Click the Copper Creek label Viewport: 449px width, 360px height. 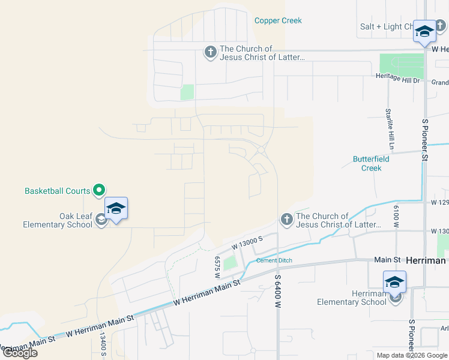pyautogui.click(x=278, y=20)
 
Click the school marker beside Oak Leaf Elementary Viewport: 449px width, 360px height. pyautogui.click(x=116, y=209)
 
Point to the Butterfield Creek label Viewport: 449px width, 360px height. pyautogui.click(x=371, y=164)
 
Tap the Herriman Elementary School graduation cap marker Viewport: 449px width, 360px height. pyautogui.click(x=394, y=281)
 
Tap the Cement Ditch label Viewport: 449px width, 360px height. pyautogui.click(x=274, y=260)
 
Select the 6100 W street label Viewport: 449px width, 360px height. pyautogui.click(x=396, y=215)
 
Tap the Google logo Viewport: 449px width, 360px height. pyautogui.click(x=19, y=353)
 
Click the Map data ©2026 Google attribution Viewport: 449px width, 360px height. pyautogui.click(x=411, y=355)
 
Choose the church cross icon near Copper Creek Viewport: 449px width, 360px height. pyautogui.click(x=210, y=53)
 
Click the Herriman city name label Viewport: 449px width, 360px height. pyautogui.click(x=426, y=260)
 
